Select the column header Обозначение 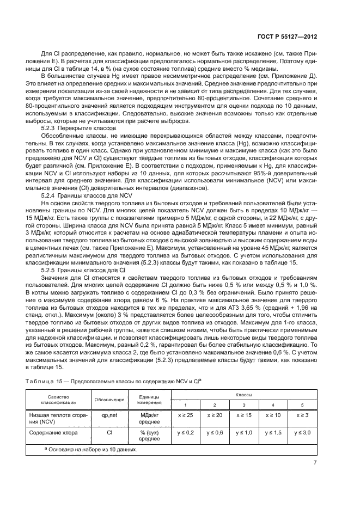tap(109, 401)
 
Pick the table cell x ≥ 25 tap(185, 415)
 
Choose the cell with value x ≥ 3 tap(303, 415)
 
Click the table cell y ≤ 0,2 tap(185, 433)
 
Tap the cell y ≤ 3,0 tap(303, 433)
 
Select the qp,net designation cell tap(109, 415)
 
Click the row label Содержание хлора tap(53, 433)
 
